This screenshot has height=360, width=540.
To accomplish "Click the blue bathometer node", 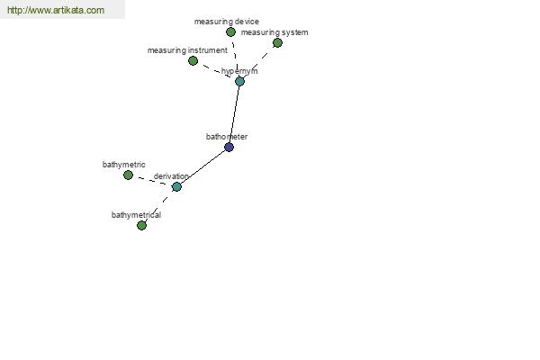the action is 229,147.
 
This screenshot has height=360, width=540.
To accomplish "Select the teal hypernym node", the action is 239,81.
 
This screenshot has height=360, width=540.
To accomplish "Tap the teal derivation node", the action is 176,186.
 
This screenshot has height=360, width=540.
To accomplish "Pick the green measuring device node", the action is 230,32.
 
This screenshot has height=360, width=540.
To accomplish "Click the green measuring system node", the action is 277,42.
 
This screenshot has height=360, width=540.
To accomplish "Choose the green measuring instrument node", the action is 193,61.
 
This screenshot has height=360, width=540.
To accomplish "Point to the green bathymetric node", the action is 128,175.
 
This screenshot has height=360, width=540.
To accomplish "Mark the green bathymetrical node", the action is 141,225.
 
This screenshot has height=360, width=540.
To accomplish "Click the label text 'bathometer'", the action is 227,137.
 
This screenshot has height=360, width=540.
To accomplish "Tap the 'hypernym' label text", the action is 239,71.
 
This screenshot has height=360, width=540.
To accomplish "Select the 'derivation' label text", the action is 171,176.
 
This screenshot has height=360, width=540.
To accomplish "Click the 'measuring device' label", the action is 227,22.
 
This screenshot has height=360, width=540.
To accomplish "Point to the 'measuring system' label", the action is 274,32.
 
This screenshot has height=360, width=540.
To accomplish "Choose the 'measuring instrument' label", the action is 187,50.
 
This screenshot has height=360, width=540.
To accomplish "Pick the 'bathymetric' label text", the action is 124,165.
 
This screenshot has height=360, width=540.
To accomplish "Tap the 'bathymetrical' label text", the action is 136,215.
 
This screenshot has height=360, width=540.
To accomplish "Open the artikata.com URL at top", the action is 56,10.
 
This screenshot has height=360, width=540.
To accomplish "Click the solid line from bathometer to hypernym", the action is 234,114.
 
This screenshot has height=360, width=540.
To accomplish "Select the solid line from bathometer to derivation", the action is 202,167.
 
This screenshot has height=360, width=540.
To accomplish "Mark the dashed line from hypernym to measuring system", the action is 258,62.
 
